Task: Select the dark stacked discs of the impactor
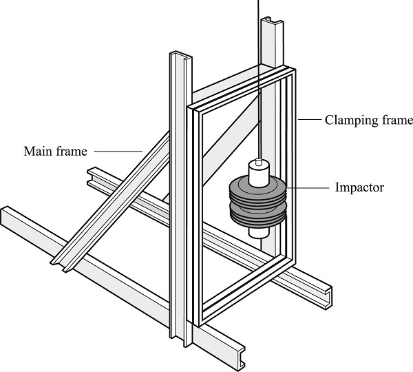coord(256,201)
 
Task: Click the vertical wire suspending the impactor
coord(259,83)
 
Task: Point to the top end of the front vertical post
coord(180,55)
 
